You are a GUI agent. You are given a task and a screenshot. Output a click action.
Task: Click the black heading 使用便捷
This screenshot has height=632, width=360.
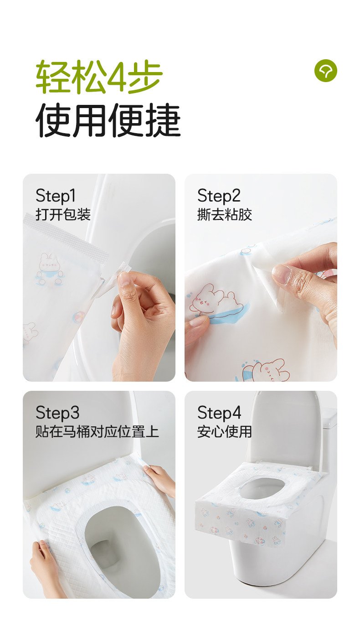(x=108, y=120)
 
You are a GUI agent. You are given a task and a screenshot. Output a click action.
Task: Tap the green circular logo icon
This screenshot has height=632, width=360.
(x=326, y=71)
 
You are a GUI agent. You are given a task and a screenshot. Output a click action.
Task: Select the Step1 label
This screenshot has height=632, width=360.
(x=56, y=196)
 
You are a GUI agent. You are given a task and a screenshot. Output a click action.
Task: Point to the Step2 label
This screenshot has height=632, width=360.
(x=219, y=196)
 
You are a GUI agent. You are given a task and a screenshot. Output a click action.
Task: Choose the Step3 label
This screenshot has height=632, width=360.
(x=57, y=413)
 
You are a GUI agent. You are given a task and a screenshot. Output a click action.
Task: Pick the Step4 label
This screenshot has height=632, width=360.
(x=219, y=413)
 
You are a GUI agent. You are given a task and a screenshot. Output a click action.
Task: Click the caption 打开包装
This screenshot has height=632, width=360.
(x=63, y=214)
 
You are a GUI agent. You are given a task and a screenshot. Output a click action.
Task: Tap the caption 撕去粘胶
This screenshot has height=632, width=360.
(x=225, y=214)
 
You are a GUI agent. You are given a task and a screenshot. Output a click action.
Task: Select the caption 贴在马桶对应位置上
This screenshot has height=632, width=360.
(x=97, y=432)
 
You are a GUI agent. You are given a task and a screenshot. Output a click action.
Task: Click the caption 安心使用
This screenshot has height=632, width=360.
(x=224, y=432)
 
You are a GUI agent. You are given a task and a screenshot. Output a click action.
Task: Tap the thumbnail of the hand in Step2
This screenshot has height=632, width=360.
(x=281, y=274)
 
